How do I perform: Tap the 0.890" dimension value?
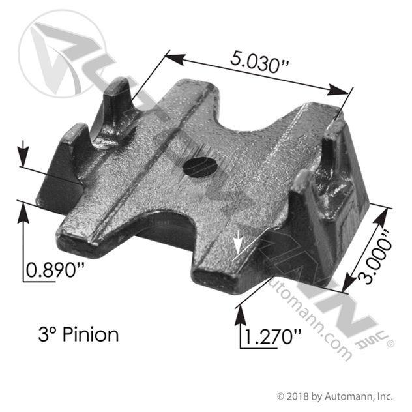(x=55, y=270)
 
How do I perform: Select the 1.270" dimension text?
(x=272, y=337)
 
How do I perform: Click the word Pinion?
(x=91, y=334)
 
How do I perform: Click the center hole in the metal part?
(x=201, y=167)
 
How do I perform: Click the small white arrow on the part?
(x=239, y=242)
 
